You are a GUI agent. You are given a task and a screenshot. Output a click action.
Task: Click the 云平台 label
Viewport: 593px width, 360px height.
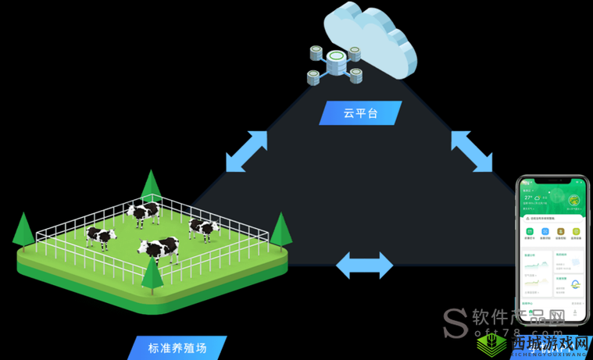(360, 112)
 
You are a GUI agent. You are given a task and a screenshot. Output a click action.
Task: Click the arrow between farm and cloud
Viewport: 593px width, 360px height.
(246, 151)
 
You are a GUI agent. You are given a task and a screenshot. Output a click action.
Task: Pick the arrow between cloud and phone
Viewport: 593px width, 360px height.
(472, 151)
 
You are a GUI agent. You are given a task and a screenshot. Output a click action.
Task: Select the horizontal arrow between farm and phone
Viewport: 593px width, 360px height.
(364, 265)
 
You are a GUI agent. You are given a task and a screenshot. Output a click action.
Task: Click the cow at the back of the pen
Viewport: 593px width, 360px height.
(144, 212)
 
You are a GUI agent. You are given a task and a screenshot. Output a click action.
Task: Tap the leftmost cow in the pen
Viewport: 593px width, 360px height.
(101, 236)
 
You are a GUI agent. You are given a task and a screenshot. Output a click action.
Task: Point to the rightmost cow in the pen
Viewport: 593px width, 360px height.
(203, 228)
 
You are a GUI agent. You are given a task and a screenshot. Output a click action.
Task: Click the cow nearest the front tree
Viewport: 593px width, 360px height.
(160, 249)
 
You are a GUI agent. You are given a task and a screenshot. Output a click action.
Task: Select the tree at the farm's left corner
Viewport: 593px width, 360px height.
(23, 228)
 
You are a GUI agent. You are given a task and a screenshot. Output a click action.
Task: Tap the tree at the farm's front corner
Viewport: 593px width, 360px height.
(152, 273)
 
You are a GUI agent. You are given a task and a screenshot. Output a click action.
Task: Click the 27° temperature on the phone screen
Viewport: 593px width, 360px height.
(529, 198)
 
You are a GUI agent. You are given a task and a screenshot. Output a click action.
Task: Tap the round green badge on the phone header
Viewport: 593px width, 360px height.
(574, 201)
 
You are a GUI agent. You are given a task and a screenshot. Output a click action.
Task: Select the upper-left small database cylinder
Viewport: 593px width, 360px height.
(316, 52)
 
